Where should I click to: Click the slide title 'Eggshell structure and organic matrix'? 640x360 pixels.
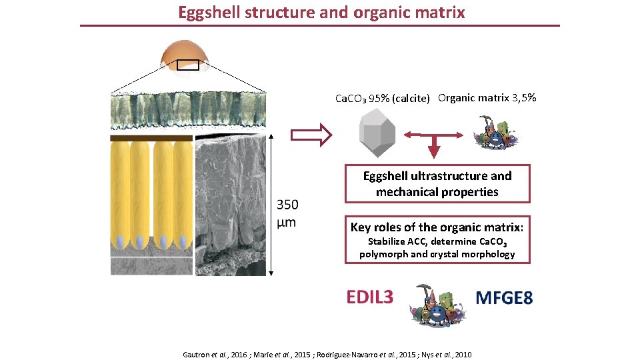pyautogui.click(x=321, y=12)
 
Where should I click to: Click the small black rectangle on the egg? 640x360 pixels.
pyautogui.click(x=187, y=65)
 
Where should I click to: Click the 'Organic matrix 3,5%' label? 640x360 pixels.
pyautogui.click(x=487, y=98)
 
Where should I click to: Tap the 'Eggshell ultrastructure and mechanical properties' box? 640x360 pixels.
pyautogui.click(x=437, y=184)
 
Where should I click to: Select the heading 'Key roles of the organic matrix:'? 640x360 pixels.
pyautogui.click(x=437, y=227)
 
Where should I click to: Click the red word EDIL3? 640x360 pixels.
pyautogui.click(x=369, y=297)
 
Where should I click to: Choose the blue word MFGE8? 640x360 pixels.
pyautogui.click(x=504, y=298)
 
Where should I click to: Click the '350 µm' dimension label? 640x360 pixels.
pyautogui.click(x=287, y=213)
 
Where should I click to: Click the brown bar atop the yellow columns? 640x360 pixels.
pyautogui.click(x=151, y=138)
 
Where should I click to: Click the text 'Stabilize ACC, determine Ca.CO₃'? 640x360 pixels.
pyautogui.click(x=437, y=241)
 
